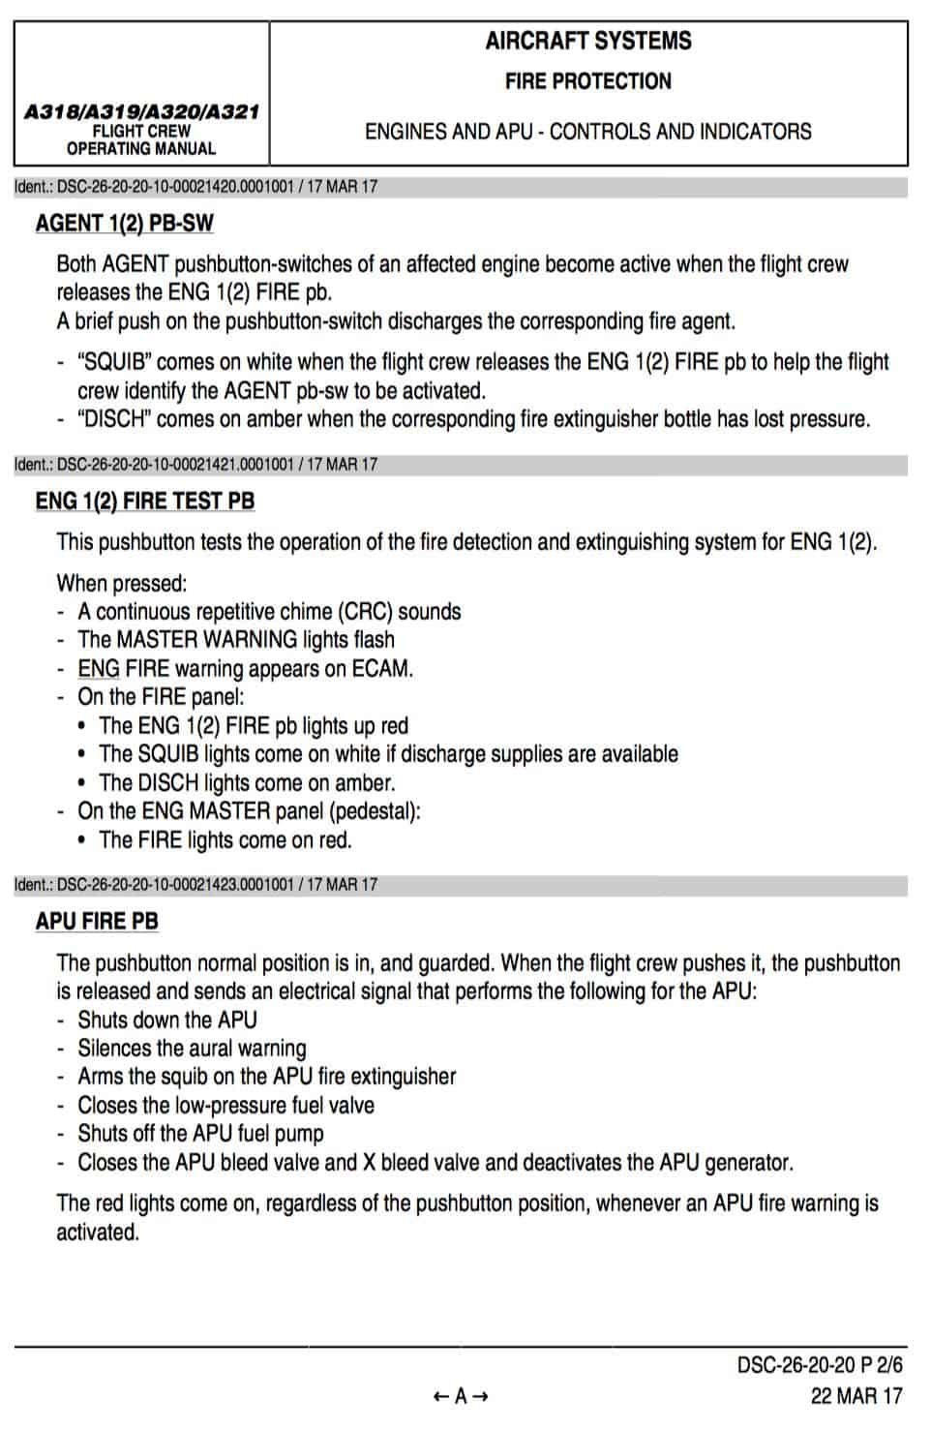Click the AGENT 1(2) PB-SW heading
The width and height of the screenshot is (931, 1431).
[124, 224]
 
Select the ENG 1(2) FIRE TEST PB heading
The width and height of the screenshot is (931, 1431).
[145, 502]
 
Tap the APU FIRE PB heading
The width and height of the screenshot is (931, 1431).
[97, 922]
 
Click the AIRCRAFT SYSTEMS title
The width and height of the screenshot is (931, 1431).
[588, 42]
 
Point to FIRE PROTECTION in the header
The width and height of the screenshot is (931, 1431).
[588, 81]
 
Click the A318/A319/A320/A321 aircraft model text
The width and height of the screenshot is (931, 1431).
[141, 112]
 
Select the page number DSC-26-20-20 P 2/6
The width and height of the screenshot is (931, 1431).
[819, 1365]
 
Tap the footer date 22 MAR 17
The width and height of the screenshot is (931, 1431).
[856, 1396]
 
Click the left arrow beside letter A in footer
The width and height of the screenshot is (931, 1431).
[441, 1396]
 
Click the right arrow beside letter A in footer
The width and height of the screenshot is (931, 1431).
[480, 1396]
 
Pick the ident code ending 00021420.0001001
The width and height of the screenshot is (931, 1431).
[195, 187]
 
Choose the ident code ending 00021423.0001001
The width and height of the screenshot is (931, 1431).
[195, 885]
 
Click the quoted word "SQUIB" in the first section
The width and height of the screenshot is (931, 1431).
[114, 362]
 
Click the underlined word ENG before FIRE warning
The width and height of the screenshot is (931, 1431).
[99, 669]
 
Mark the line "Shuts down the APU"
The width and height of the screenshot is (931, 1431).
[167, 1020]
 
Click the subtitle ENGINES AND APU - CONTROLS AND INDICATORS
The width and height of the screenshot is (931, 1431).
[588, 132]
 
